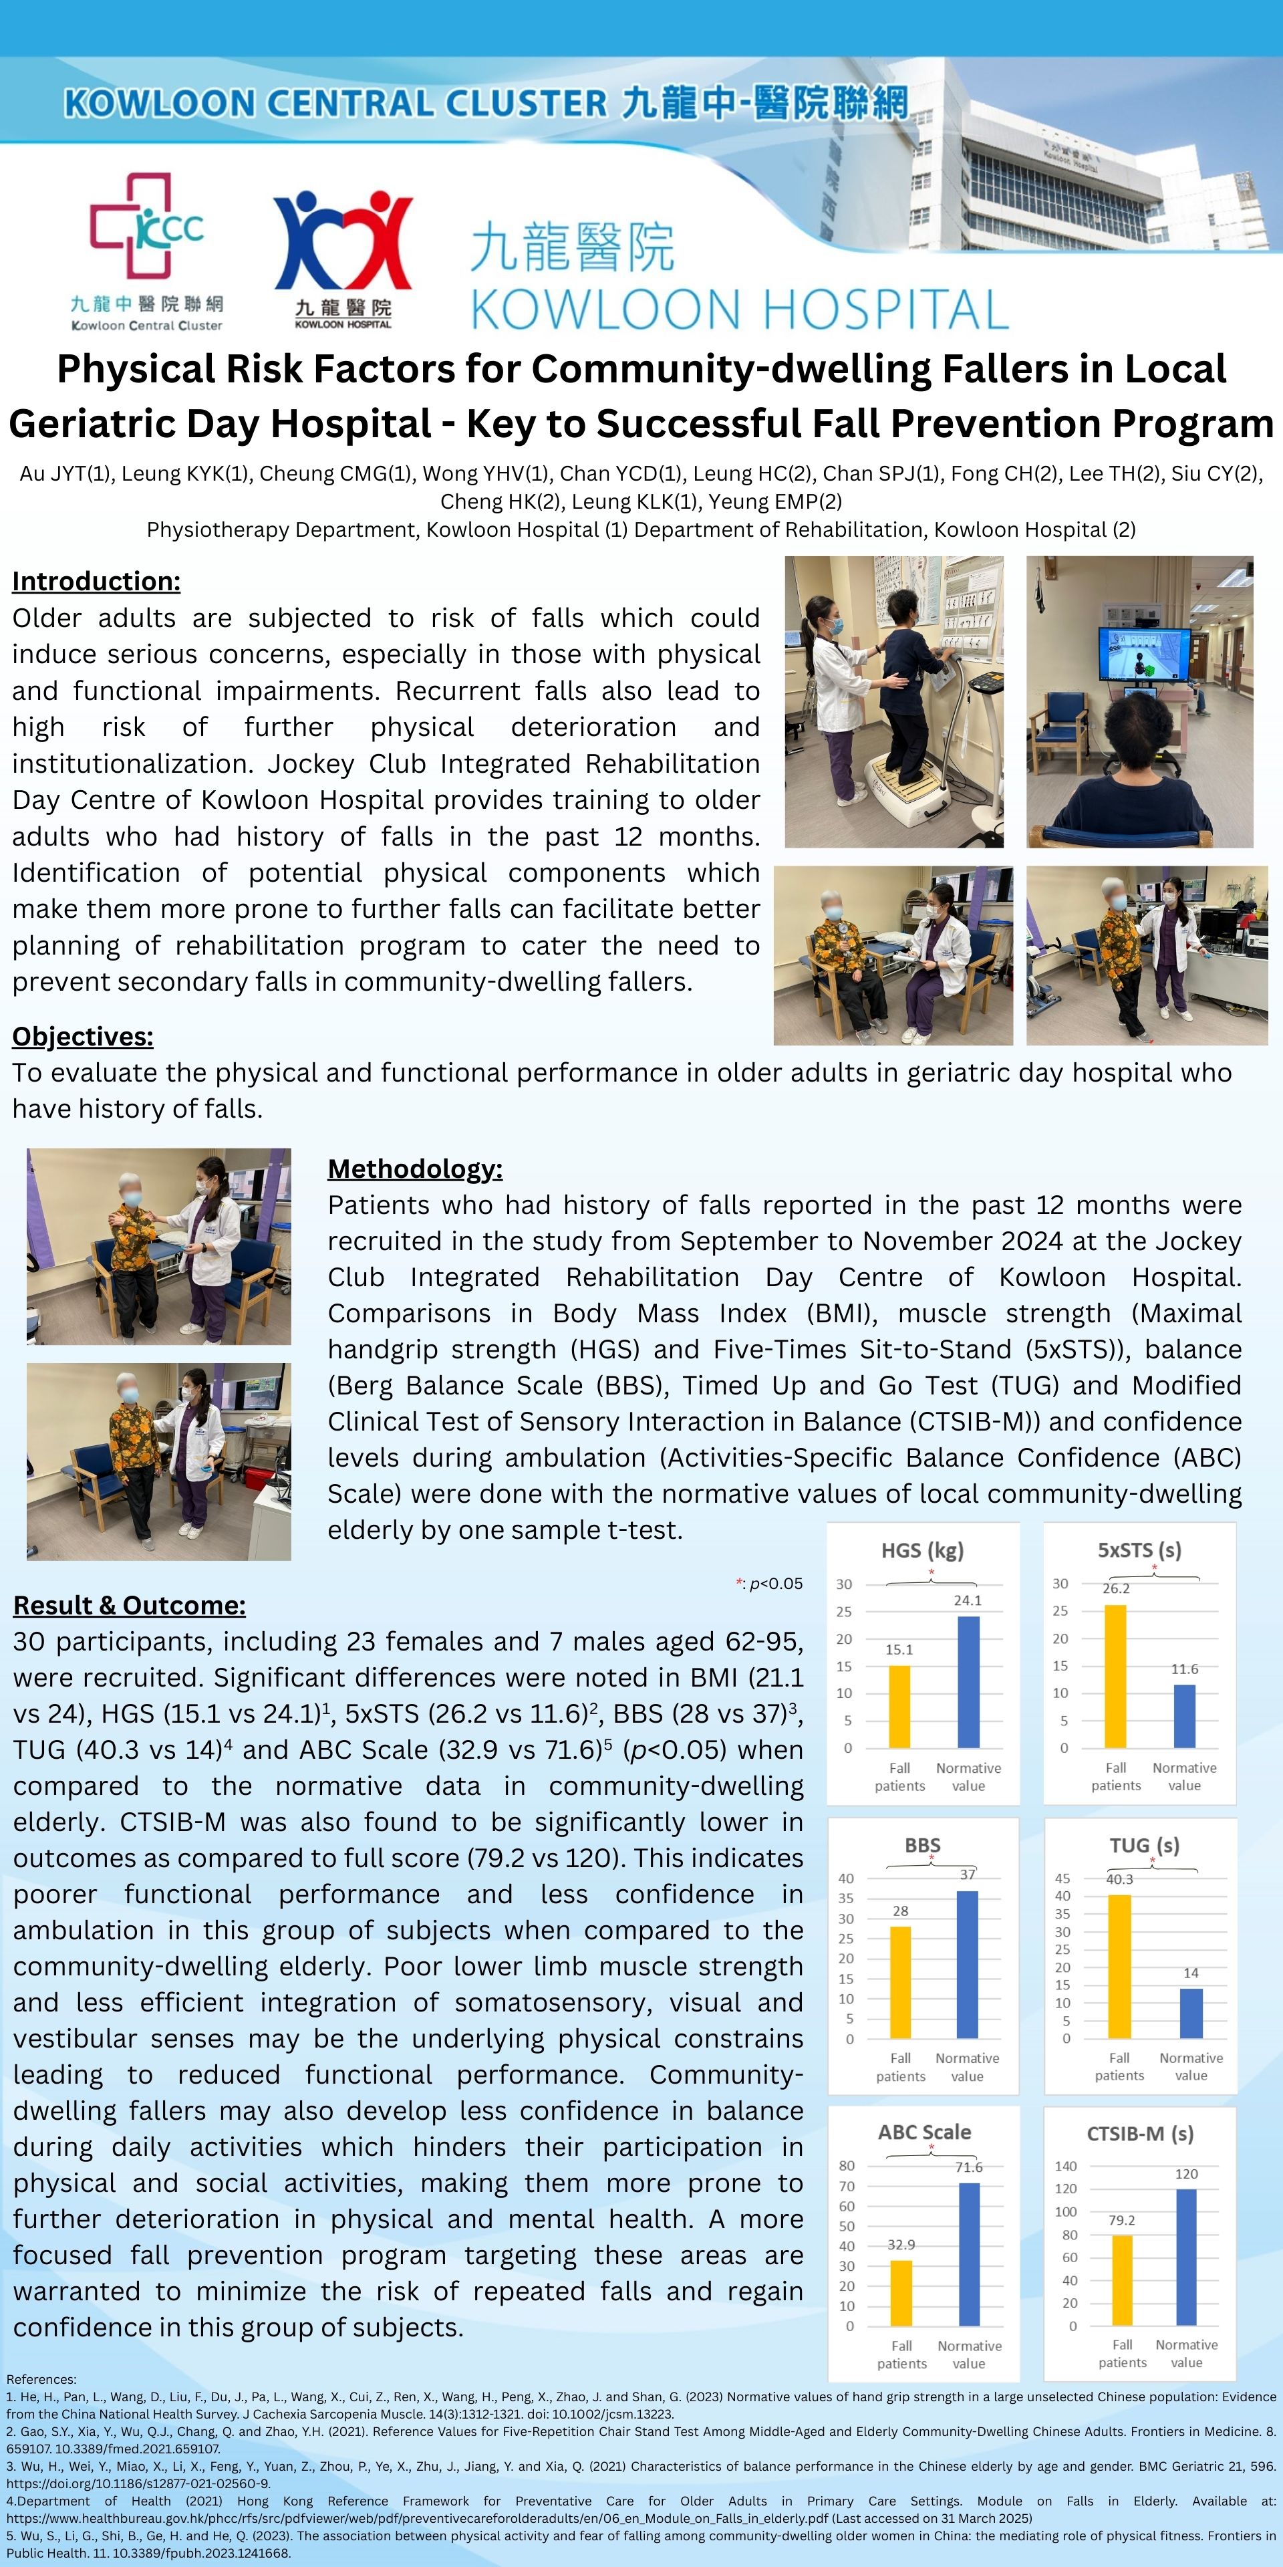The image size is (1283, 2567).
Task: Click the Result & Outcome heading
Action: point(130,1605)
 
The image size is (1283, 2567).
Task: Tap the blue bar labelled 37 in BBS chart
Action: point(967,1964)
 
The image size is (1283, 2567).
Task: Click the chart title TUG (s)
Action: point(1145,1846)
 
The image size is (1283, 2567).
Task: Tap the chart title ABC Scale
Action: point(923,2132)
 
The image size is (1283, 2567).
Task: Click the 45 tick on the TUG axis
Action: point(1063,1878)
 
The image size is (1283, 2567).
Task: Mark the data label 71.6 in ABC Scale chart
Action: point(968,2167)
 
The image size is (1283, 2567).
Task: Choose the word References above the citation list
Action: point(41,2378)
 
